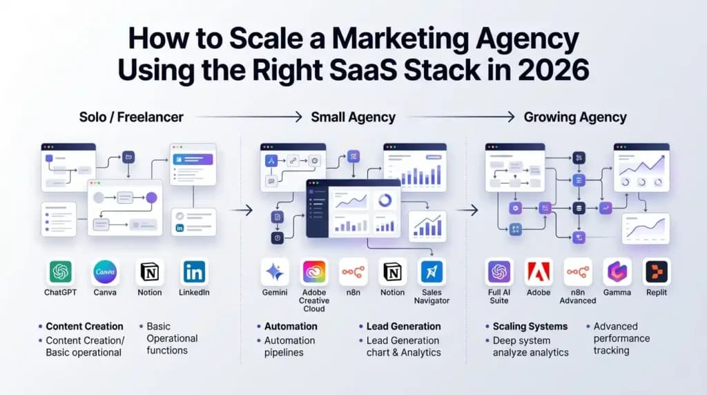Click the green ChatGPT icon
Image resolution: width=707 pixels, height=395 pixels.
pyautogui.click(x=60, y=272)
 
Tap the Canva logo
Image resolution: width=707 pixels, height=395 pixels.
pyautogui.click(x=106, y=272)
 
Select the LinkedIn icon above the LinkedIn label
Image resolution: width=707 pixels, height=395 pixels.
pyautogui.click(x=194, y=272)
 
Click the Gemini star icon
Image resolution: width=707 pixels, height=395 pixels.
pyautogui.click(x=275, y=272)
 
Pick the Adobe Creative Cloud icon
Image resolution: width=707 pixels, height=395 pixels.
pyautogui.click(x=314, y=272)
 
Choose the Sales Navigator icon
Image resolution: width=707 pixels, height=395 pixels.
pyautogui.click(x=432, y=272)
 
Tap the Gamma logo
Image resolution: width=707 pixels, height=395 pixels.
pyautogui.click(x=617, y=272)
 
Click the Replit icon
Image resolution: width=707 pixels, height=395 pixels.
pyautogui.click(x=657, y=272)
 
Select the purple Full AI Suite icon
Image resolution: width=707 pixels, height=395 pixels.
pyautogui.click(x=498, y=272)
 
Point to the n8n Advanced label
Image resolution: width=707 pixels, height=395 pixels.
pyautogui.click(x=578, y=296)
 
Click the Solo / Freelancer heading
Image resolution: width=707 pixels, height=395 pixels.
pyautogui.click(x=131, y=117)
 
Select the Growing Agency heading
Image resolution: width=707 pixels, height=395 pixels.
pyautogui.click(x=575, y=117)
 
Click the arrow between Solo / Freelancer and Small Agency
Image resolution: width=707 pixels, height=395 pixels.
pyautogui.click(x=249, y=117)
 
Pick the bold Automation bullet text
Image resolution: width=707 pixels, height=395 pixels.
pyautogui.click(x=291, y=326)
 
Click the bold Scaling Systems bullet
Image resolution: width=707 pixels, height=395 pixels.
pyautogui.click(x=530, y=326)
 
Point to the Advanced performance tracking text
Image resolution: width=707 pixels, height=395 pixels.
pyautogui.click(x=621, y=338)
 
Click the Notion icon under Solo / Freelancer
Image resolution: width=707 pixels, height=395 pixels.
pyautogui.click(x=150, y=272)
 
